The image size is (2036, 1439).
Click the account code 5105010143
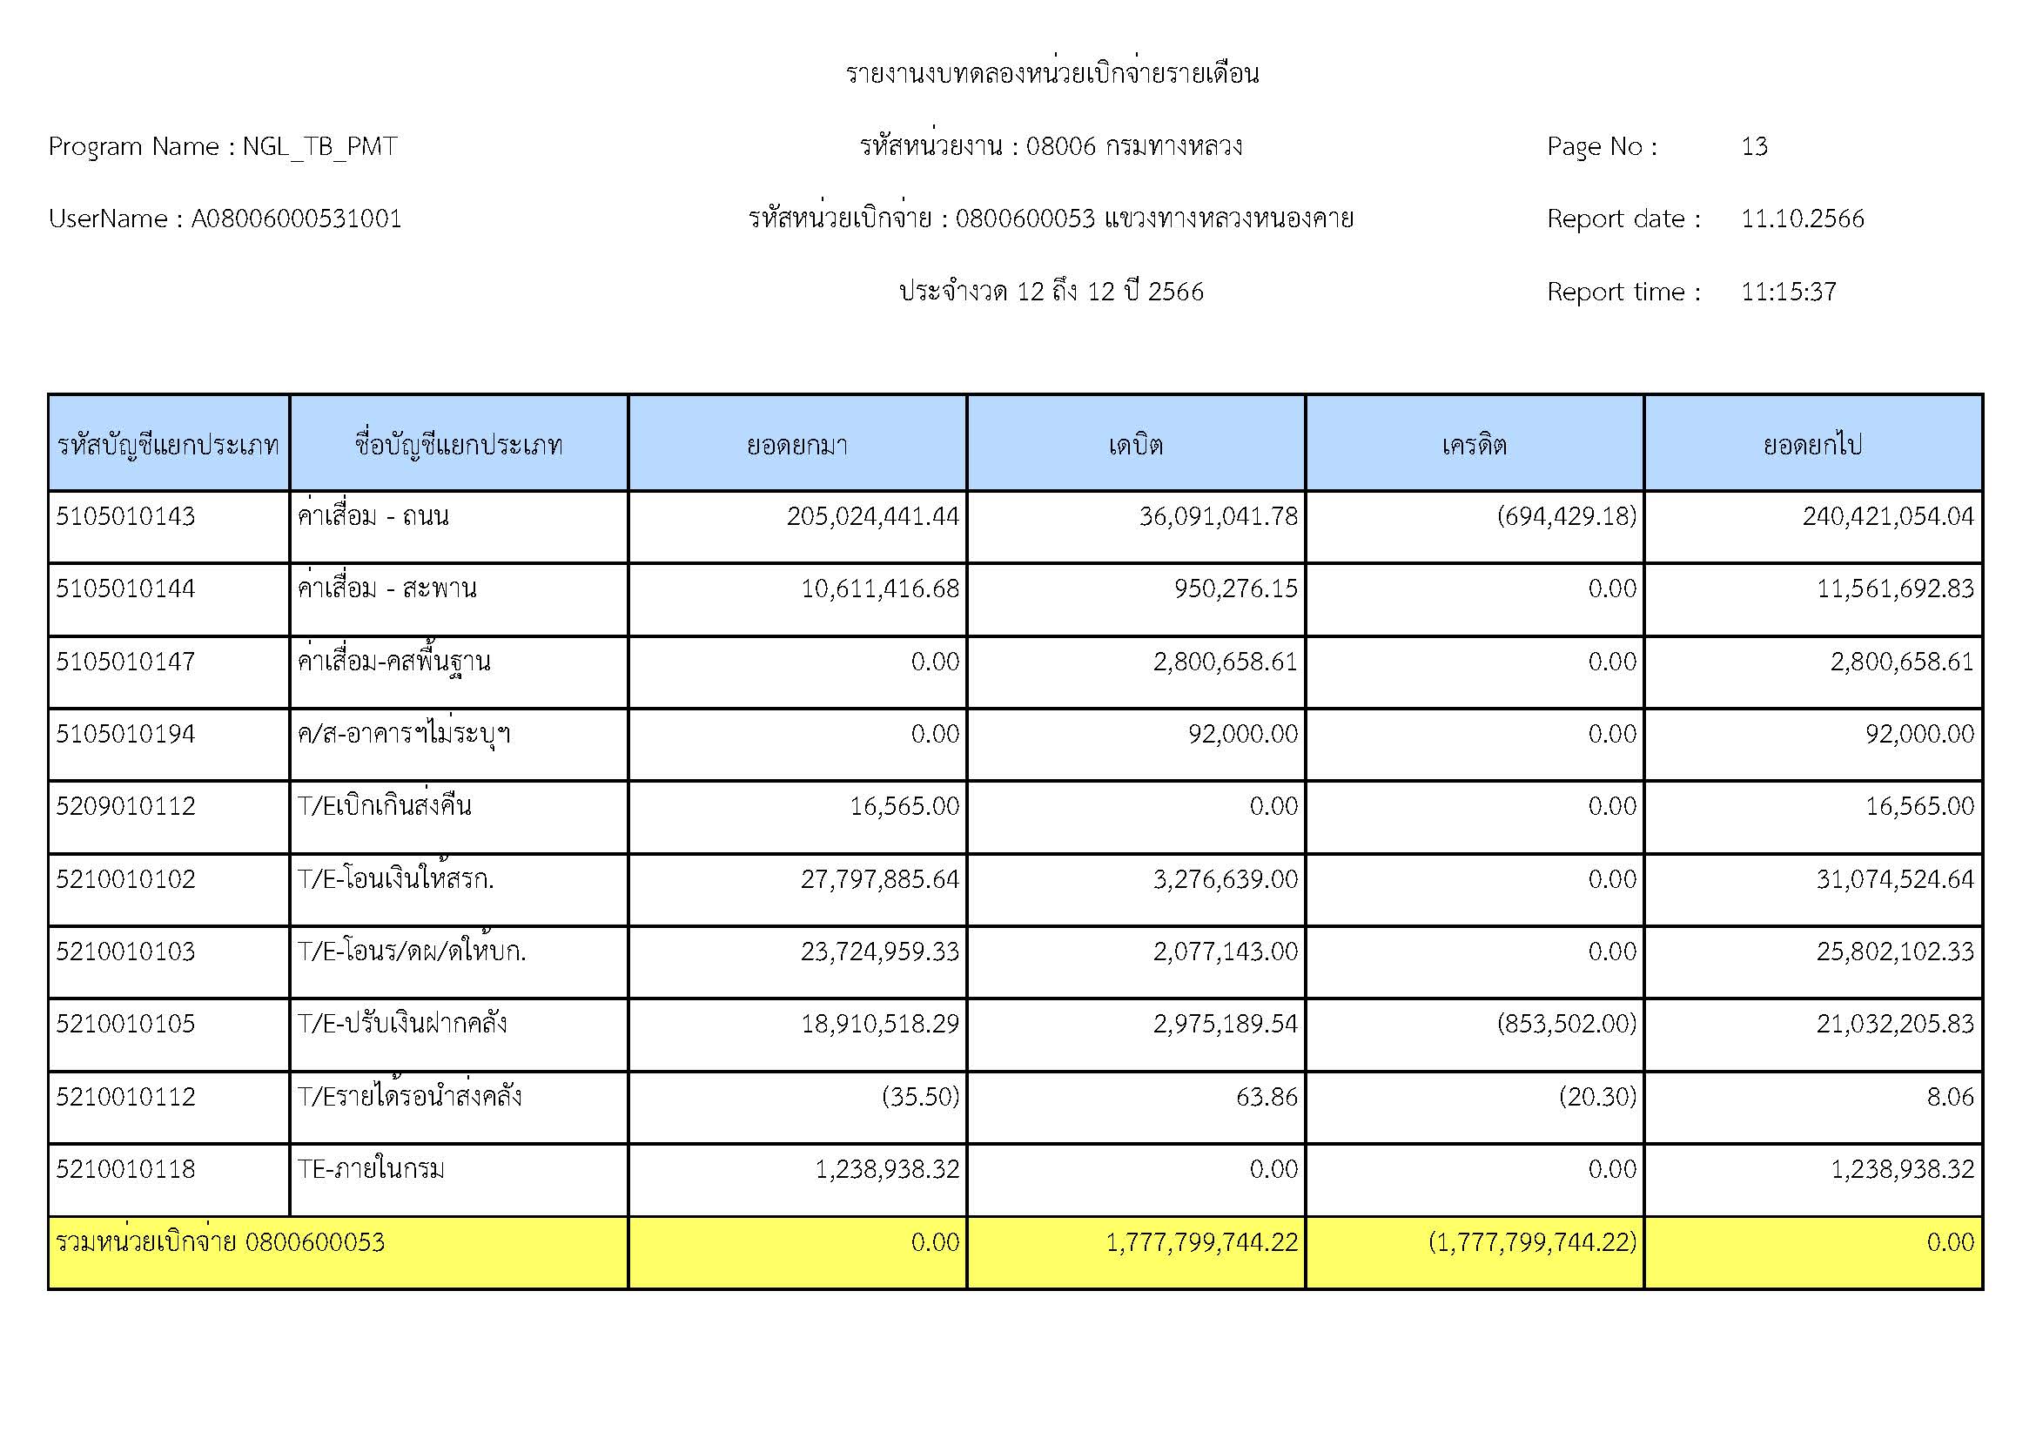tap(125, 516)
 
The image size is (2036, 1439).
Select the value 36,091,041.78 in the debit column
tap(1218, 516)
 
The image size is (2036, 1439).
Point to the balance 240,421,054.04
tap(1888, 516)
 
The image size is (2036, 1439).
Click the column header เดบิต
tap(1135, 444)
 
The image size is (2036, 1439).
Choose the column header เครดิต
tap(1474, 444)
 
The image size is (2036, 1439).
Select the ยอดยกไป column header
tap(1812, 444)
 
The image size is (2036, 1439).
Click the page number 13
tap(1754, 146)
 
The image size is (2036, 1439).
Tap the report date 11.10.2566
tap(1802, 219)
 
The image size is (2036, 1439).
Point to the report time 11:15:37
tap(1788, 292)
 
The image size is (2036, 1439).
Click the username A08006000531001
tap(296, 219)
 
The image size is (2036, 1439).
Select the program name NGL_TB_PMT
tap(319, 146)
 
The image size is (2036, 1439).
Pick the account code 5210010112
tap(125, 1097)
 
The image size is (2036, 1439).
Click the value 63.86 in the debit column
tap(1267, 1097)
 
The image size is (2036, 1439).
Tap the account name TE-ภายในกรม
tap(371, 1169)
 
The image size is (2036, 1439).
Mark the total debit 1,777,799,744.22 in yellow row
tap(1201, 1242)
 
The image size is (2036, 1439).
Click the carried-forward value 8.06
tap(1950, 1097)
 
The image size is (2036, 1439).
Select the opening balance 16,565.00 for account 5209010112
tap(904, 806)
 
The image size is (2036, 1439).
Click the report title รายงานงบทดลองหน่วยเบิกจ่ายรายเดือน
tap(1052, 73)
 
